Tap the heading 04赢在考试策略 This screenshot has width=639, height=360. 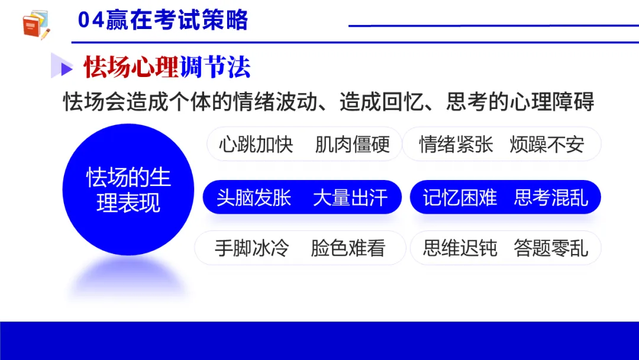click(x=163, y=21)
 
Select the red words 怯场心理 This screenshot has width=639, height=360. click(x=131, y=67)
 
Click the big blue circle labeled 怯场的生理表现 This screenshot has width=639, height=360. click(x=128, y=189)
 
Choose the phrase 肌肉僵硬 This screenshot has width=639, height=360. click(x=352, y=144)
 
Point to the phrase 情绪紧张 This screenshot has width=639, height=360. click(x=456, y=144)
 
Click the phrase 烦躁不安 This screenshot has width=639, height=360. click(x=547, y=144)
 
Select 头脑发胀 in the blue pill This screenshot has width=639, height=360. click(x=254, y=197)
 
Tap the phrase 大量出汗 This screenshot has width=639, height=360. click(x=350, y=197)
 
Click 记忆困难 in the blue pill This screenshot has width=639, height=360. click(x=460, y=197)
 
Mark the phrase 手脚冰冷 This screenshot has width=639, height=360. click(x=251, y=248)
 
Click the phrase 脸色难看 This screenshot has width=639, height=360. click(x=348, y=248)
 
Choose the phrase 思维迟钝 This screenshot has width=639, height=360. click(x=460, y=248)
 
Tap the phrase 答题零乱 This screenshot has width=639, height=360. click(x=551, y=248)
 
